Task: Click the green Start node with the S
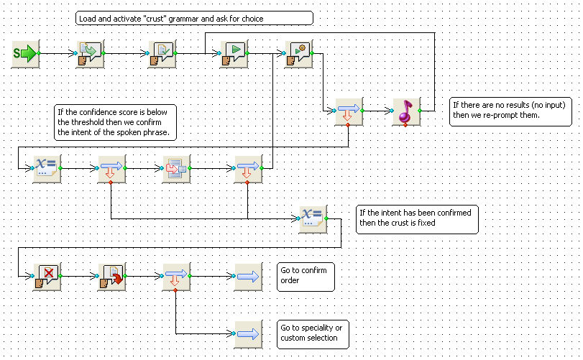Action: click(26, 54)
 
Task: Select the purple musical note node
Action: click(407, 111)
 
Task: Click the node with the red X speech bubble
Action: click(47, 277)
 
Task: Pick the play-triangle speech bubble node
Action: click(234, 54)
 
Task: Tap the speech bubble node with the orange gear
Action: click(299, 54)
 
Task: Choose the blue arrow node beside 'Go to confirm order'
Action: click(249, 277)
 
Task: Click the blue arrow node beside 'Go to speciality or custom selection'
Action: click(249, 334)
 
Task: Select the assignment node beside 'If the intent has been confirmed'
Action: click(313, 219)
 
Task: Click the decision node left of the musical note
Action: click(349, 111)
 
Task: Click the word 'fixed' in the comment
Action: click(426, 223)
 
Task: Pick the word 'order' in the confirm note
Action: click(290, 280)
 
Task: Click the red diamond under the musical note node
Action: click(405, 125)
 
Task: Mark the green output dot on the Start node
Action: click(39, 53)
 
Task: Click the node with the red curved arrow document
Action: click(112, 277)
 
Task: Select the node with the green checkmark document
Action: click(162, 54)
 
